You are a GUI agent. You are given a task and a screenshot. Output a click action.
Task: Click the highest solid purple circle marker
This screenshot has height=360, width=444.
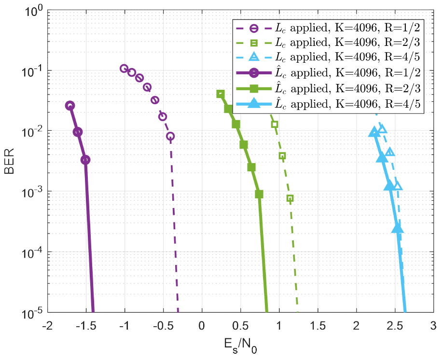70,106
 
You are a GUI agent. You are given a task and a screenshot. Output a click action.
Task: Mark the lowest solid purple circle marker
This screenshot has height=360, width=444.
85,160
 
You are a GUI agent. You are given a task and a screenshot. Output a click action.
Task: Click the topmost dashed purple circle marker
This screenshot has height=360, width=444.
124,69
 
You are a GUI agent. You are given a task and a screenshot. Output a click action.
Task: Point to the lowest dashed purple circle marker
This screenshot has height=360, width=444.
170,136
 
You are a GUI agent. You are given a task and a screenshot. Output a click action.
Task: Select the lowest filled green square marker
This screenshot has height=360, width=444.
259,194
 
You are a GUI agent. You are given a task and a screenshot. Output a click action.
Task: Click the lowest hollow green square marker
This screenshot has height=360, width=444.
290,198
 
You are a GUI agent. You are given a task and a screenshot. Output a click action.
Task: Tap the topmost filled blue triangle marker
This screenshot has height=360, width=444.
373,131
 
